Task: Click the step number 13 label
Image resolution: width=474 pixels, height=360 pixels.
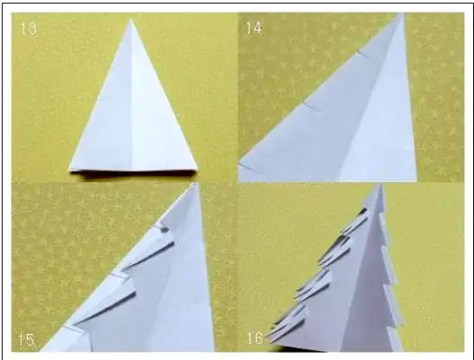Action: click(29, 29)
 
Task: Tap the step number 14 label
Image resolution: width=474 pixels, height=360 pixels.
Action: click(254, 28)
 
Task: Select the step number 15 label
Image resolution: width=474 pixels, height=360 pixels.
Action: click(26, 340)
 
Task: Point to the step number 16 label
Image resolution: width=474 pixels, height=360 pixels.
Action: click(255, 338)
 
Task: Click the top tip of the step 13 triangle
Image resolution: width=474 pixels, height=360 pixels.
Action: click(131, 20)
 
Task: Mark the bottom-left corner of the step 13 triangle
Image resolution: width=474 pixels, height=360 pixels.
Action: click(69, 170)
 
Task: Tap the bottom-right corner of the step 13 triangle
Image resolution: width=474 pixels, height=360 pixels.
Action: click(197, 169)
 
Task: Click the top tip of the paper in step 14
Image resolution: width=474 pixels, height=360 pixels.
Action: click(403, 14)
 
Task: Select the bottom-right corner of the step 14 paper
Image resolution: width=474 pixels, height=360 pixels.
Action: click(417, 180)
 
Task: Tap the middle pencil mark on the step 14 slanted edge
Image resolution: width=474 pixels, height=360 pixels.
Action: click(311, 107)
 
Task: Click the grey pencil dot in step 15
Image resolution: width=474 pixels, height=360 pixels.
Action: click(165, 230)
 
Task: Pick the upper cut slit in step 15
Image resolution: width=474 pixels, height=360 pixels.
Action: click(148, 254)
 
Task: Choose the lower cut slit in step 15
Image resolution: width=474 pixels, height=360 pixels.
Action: click(104, 308)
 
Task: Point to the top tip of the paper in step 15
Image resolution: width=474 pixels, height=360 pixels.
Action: click(196, 184)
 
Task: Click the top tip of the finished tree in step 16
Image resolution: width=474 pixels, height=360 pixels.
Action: click(379, 185)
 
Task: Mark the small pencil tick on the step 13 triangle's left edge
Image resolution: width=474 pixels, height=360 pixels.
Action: click(101, 99)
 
